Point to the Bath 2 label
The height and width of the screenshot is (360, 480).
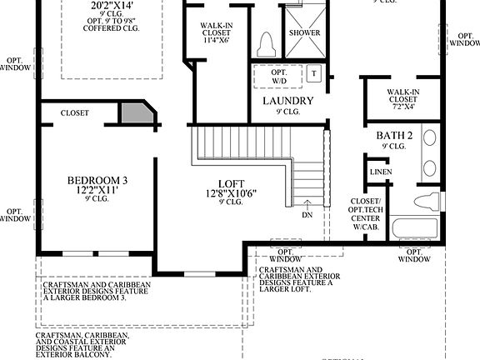pos(394,136)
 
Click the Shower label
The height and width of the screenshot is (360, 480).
pos(303,32)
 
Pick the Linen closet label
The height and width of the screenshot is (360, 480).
pos(381,172)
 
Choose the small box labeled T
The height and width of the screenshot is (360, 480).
pos(314,72)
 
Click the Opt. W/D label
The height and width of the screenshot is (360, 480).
pos(278,76)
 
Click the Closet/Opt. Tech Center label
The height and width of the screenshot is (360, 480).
pos(366,213)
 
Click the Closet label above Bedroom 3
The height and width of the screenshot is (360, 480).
pos(75,112)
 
